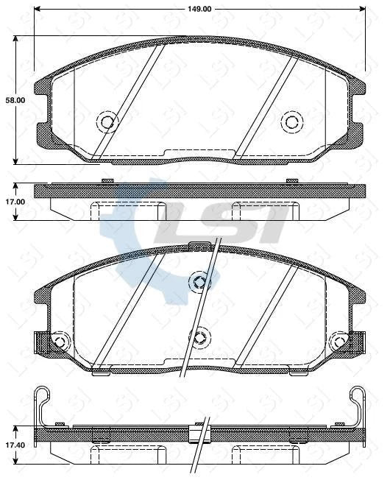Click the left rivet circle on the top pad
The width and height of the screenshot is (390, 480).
[x=107, y=121]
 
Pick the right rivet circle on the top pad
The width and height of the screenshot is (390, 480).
[x=292, y=121]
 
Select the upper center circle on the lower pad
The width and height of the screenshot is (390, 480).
[x=199, y=280]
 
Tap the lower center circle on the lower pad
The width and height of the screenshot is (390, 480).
[x=199, y=338]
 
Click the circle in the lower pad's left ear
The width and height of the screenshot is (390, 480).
[x=59, y=342]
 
